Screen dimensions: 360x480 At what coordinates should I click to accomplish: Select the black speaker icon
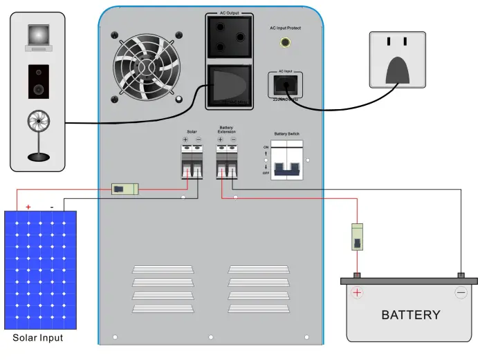point(37,81)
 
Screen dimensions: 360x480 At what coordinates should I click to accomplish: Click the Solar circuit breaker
point(192,161)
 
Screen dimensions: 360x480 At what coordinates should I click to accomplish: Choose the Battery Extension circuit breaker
point(226,161)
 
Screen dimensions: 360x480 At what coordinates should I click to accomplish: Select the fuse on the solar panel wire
point(124,188)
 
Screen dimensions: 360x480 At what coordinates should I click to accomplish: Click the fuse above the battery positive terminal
point(358,236)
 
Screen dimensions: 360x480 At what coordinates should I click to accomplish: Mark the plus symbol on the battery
point(358,293)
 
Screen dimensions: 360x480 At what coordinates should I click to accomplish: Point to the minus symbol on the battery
point(461,293)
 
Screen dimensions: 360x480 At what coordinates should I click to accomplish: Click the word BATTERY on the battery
point(411,315)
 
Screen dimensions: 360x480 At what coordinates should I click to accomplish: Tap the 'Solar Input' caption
point(38,338)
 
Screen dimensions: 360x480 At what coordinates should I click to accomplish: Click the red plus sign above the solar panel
point(28,207)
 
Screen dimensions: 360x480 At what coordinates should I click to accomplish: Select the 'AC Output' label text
point(228,13)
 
